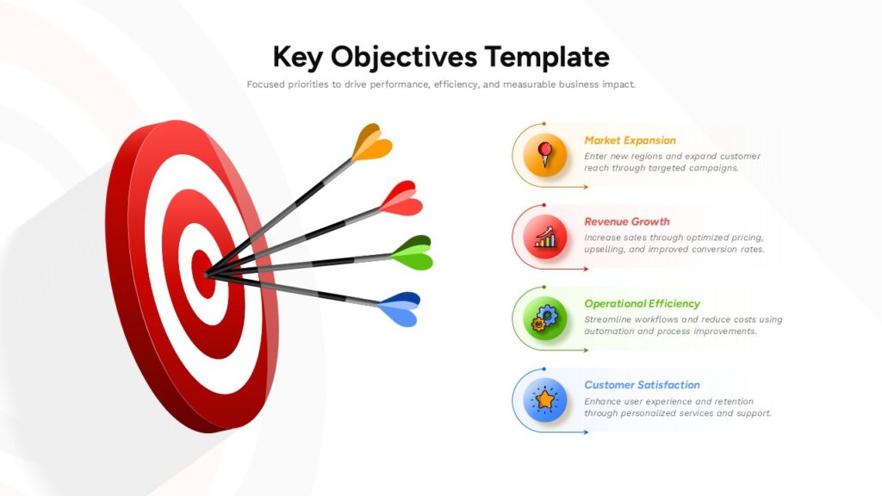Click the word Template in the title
pyautogui.click(x=547, y=57)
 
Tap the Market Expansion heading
pyautogui.click(x=630, y=140)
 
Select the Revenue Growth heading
pyautogui.click(x=627, y=221)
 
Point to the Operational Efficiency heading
pyautogui.click(x=642, y=304)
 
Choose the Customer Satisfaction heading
pyautogui.click(x=642, y=385)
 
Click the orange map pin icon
pyautogui.click(x=544, y=155)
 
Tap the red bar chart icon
pyautogui.click(x=544, y=237)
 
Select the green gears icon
pyautogui.click(x=544, y=319)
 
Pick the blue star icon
pyautogui.click(x=544, y=400)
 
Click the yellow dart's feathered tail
pyautogui.click(x=371, y=143)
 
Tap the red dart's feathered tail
pyautogui.click(x=401, y=199)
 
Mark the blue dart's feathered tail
pyautogui.click(x=399, y=309)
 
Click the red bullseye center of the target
pyautogui.click(x=203, y=274)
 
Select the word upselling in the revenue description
pyautogui.click(x=604, y=250)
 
